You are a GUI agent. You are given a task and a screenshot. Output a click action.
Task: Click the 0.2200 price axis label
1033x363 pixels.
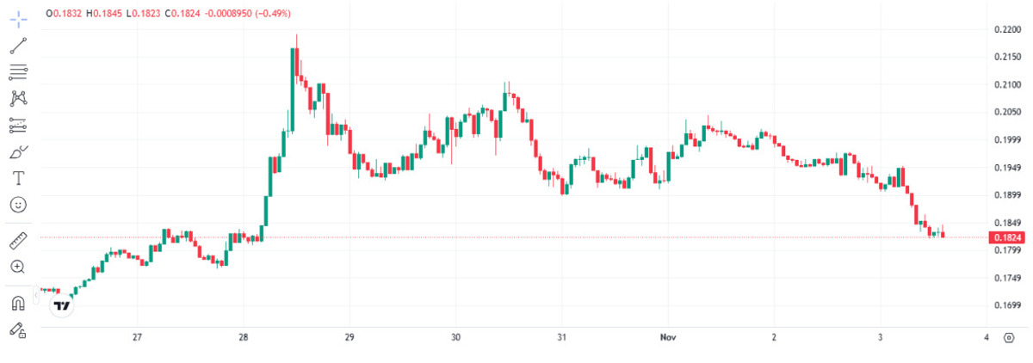click(1007, 29)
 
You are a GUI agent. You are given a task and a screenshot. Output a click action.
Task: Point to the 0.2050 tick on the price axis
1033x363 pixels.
click(1007, 112)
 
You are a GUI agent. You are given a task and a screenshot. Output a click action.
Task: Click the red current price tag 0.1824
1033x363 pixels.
click(1007, 237)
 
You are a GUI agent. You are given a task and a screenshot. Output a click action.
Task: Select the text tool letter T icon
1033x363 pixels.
click(18, 178)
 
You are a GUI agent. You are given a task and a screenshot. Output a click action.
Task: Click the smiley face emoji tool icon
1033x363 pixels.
click(18, 205)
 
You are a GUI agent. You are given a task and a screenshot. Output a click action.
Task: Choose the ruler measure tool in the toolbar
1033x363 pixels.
click(18, 240)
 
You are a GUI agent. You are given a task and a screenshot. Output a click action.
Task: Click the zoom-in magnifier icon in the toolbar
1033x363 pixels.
click(18, 267)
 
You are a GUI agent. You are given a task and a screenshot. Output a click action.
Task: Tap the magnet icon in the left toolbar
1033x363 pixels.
click(18, 302)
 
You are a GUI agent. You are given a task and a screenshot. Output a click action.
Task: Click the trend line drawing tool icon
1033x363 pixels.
click(18, 46)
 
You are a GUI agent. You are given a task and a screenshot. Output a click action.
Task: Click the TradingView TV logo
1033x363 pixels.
click(62, 305)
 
